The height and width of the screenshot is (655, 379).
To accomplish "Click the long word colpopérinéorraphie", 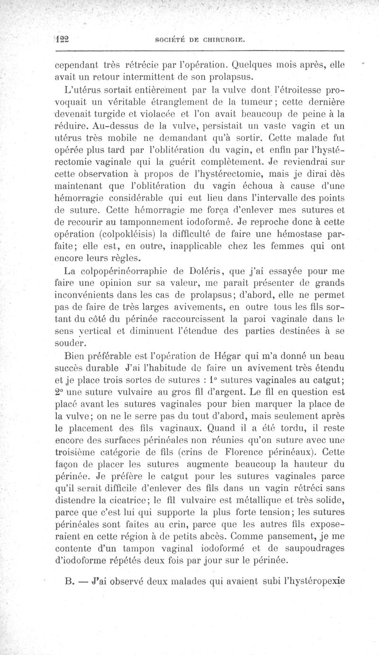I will [x=117, y=272].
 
